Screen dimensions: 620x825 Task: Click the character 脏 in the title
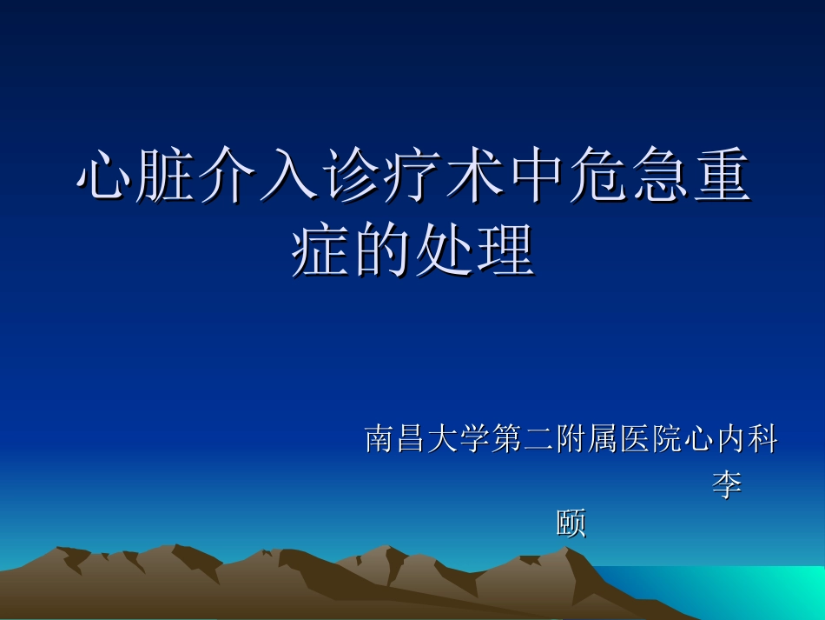166,177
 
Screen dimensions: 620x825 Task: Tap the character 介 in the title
228,177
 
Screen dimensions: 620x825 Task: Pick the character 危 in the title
597,177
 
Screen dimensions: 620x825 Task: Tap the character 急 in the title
659,177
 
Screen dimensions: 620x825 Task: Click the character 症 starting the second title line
320,251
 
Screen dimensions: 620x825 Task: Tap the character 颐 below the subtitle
571,524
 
